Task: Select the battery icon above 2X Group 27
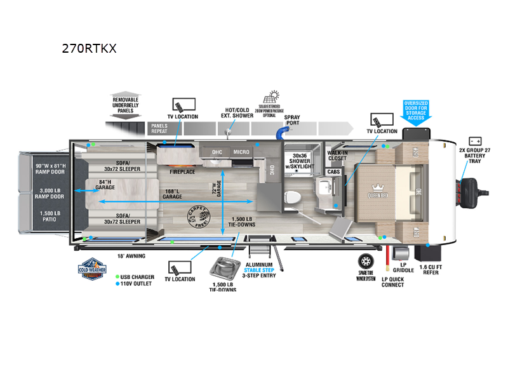(x=475, y=140)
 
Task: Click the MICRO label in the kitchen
(x=241, y=152)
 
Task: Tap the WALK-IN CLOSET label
(x=337, y=156)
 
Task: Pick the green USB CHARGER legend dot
(x=117, y=276)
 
